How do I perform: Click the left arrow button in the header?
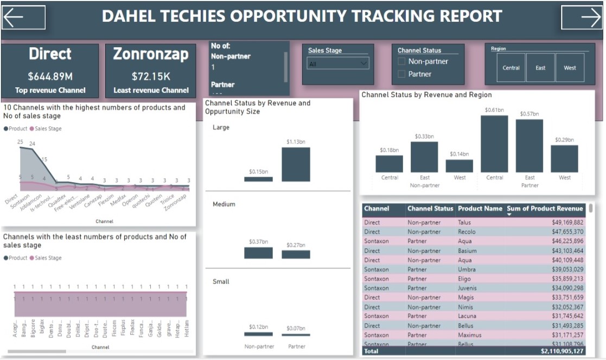(23, 17)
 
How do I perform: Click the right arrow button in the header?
(582, 17)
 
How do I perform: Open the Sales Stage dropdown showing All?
(337, 63)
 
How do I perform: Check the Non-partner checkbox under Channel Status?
(401, 61)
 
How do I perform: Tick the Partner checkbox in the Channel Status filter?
(401, 74)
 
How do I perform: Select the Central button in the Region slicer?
(511, 68)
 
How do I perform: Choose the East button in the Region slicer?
(540, 68)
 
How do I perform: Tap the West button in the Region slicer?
(570, 68)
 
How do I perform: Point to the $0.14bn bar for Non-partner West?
(460, 166)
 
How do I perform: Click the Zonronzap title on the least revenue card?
(151, 54)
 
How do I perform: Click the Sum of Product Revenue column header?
(544, 209)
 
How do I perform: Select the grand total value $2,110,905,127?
(562, 351)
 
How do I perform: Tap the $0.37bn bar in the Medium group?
(258, 253)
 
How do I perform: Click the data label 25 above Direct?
(20, 142)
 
